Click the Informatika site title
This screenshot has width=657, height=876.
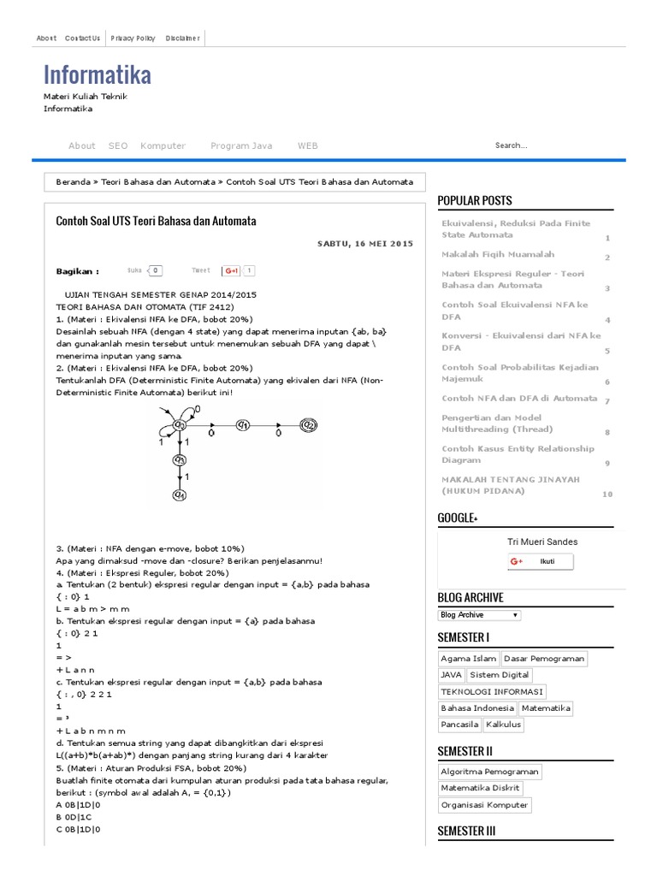(98, 75)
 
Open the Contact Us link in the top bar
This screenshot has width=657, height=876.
(82, 38)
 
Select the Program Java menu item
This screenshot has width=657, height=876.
(241, 145)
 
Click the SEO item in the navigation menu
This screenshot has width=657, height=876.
(118, 145)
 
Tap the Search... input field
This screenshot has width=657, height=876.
(547, 145)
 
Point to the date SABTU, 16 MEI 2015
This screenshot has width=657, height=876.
(364, 244)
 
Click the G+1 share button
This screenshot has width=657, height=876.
(232, 270)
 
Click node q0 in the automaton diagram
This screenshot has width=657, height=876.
(181, 424)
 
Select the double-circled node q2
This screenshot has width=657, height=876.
(308, 424)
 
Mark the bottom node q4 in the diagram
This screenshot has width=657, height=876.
(181, 494)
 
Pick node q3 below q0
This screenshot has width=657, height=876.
(181, 459)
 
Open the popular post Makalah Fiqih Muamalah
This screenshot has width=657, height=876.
(498, 254)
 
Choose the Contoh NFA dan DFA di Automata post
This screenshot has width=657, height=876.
(518, 398)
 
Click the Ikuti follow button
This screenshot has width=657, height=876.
(541, 561)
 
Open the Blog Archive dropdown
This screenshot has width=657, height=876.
(479, 615)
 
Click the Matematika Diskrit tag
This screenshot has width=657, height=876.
(480, 788)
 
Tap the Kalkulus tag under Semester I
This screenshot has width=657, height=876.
(503, 725)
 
